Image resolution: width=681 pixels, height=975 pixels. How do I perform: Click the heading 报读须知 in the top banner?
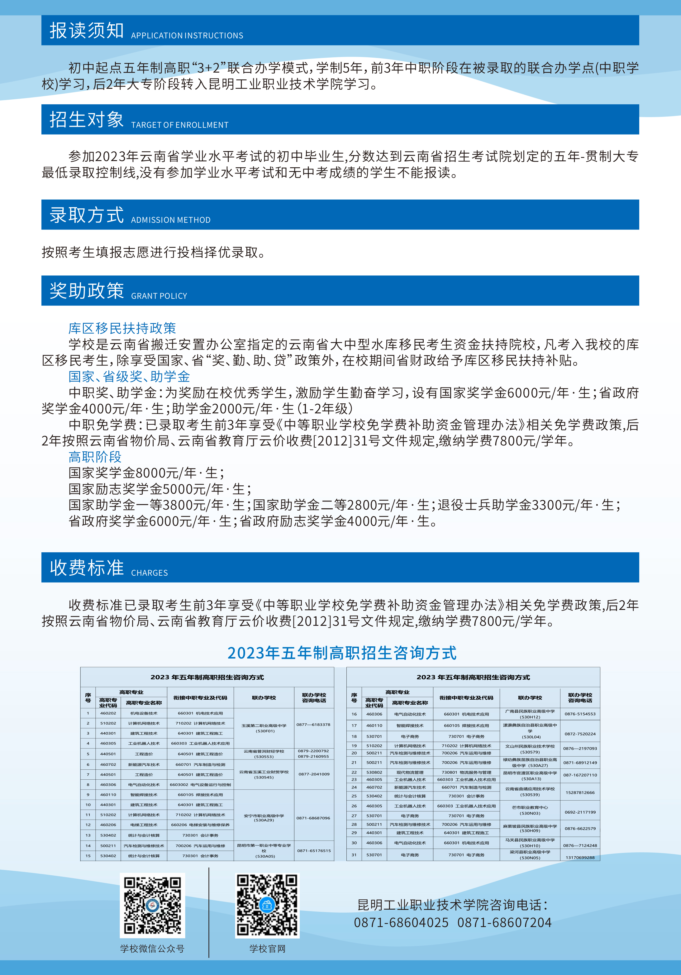click(x=87, y=31)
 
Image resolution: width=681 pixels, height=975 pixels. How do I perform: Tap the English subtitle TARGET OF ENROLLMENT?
click(x=179, y=125)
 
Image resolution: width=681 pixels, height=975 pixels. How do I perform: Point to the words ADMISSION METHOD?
click(x=171, y=220)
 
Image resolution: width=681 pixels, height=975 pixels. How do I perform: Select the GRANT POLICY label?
click(x=159, y=296)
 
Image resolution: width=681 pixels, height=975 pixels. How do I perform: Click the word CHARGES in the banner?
click(x=150, y=573)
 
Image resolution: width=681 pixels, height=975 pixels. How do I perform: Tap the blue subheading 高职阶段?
click(x=95, y=457)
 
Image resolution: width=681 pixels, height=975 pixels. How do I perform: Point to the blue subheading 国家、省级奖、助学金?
click(x=129, y=376)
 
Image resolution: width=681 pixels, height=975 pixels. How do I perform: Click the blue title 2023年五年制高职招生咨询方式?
click(x=342, y=653)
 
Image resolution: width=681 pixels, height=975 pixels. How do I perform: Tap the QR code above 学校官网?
click(x=267, y=905)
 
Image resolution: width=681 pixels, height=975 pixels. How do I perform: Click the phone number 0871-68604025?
click(x=401, y=922)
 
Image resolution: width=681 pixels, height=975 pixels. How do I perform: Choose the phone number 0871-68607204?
click(x=504, y=922)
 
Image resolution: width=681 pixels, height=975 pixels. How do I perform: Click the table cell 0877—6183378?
click(x=313, y=725)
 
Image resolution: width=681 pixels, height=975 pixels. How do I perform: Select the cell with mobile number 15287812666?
click(x=580, y=792)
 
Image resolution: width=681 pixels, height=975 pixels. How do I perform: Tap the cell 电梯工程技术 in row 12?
click(x=144, y=825)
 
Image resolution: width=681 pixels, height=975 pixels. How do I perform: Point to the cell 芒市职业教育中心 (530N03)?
click(x=530, y=810)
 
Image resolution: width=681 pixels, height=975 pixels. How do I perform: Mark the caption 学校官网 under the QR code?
click(x=267, y=949)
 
